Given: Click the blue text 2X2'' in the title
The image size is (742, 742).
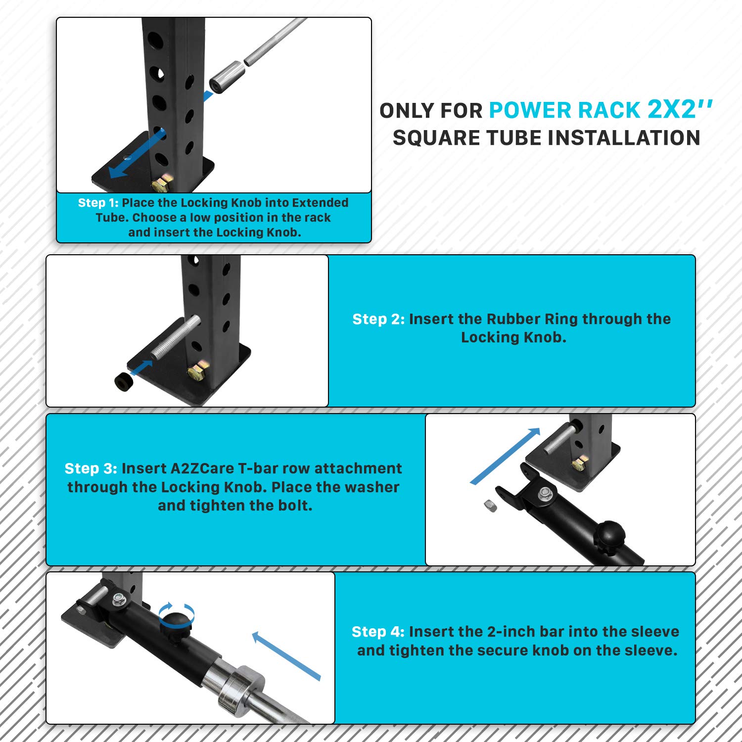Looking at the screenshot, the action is pos(680,109).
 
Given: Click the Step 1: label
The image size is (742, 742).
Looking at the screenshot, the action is pos(98,203).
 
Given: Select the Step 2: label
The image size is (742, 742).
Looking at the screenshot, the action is pos(378,319).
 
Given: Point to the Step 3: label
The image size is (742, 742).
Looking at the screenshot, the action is pos(91,468).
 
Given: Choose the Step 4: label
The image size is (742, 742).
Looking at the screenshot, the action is pos(378,632).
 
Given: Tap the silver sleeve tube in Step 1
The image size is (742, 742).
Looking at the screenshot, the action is pos(227,77).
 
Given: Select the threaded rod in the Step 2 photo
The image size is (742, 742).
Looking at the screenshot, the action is pos(176,338).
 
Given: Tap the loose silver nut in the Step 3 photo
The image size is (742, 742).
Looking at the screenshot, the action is pos(490,506).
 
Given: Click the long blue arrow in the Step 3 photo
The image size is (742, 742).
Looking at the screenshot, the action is pos(505,456).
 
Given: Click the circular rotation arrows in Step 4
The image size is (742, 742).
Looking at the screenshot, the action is pos(177,616).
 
